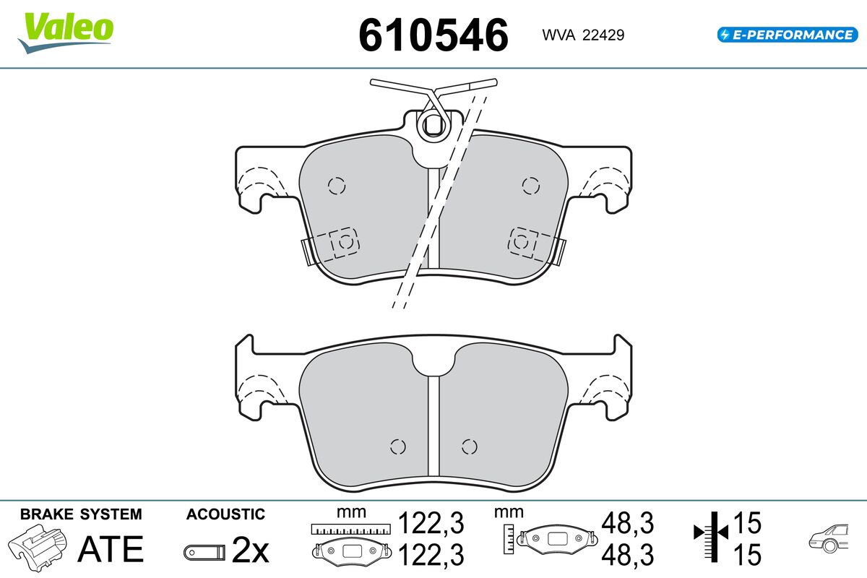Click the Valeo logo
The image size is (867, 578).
click(x=66, y=33)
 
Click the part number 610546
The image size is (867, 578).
click(x=433, y=35)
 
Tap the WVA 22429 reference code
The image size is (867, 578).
click(x=583, y=35)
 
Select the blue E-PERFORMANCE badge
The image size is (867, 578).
click(x=788, y=35)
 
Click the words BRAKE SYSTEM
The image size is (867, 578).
click(x=81, y=514)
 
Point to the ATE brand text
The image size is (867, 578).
click(x=111, y=549)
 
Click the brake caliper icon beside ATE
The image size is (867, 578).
click(x=38, y=548)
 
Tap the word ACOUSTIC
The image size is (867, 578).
click(x=225, y=514)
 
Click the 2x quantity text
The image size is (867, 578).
click(x=250, y=550)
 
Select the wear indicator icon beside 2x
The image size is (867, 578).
click(x=204, y=553)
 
